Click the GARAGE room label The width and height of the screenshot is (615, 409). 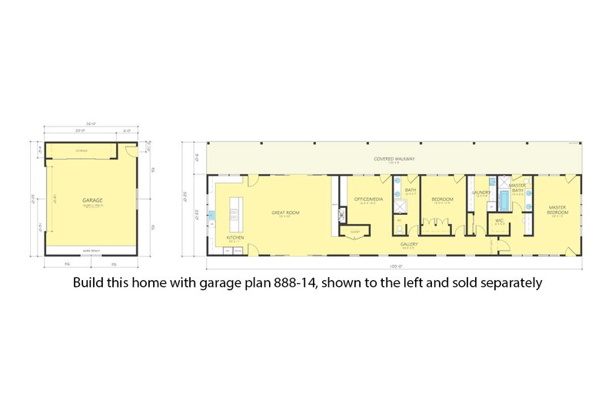pyautogui.click(x=93, y=200)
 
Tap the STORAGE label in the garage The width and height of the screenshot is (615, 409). pyautogui.click(x=81, y=152)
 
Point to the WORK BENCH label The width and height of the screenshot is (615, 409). pyautogui.click(x=91, y=251)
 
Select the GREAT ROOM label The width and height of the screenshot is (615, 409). pyautogui.click(x=285, y=213)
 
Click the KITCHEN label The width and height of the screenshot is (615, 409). pyautogui.click(x=235, y=239)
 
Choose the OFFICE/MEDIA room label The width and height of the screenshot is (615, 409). pyautogui.click(x=364, y=200)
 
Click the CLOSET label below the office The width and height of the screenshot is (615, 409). pyautogui.click(x=355, y=231)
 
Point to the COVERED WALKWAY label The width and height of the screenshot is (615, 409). pyautogui.click(x=394, y=159)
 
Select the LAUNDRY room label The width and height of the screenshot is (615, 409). pyautogui.click(x=481, y=193)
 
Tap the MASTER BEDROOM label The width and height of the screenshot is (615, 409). pyautogui.click(x=557, y=209)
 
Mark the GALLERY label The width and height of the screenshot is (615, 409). pyautogui.click(x=408, y=245)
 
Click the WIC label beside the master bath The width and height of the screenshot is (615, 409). pyautogui.click(x=499, y=221)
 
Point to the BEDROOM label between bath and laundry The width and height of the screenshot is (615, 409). pyautogui.click(x=442, y=200)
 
